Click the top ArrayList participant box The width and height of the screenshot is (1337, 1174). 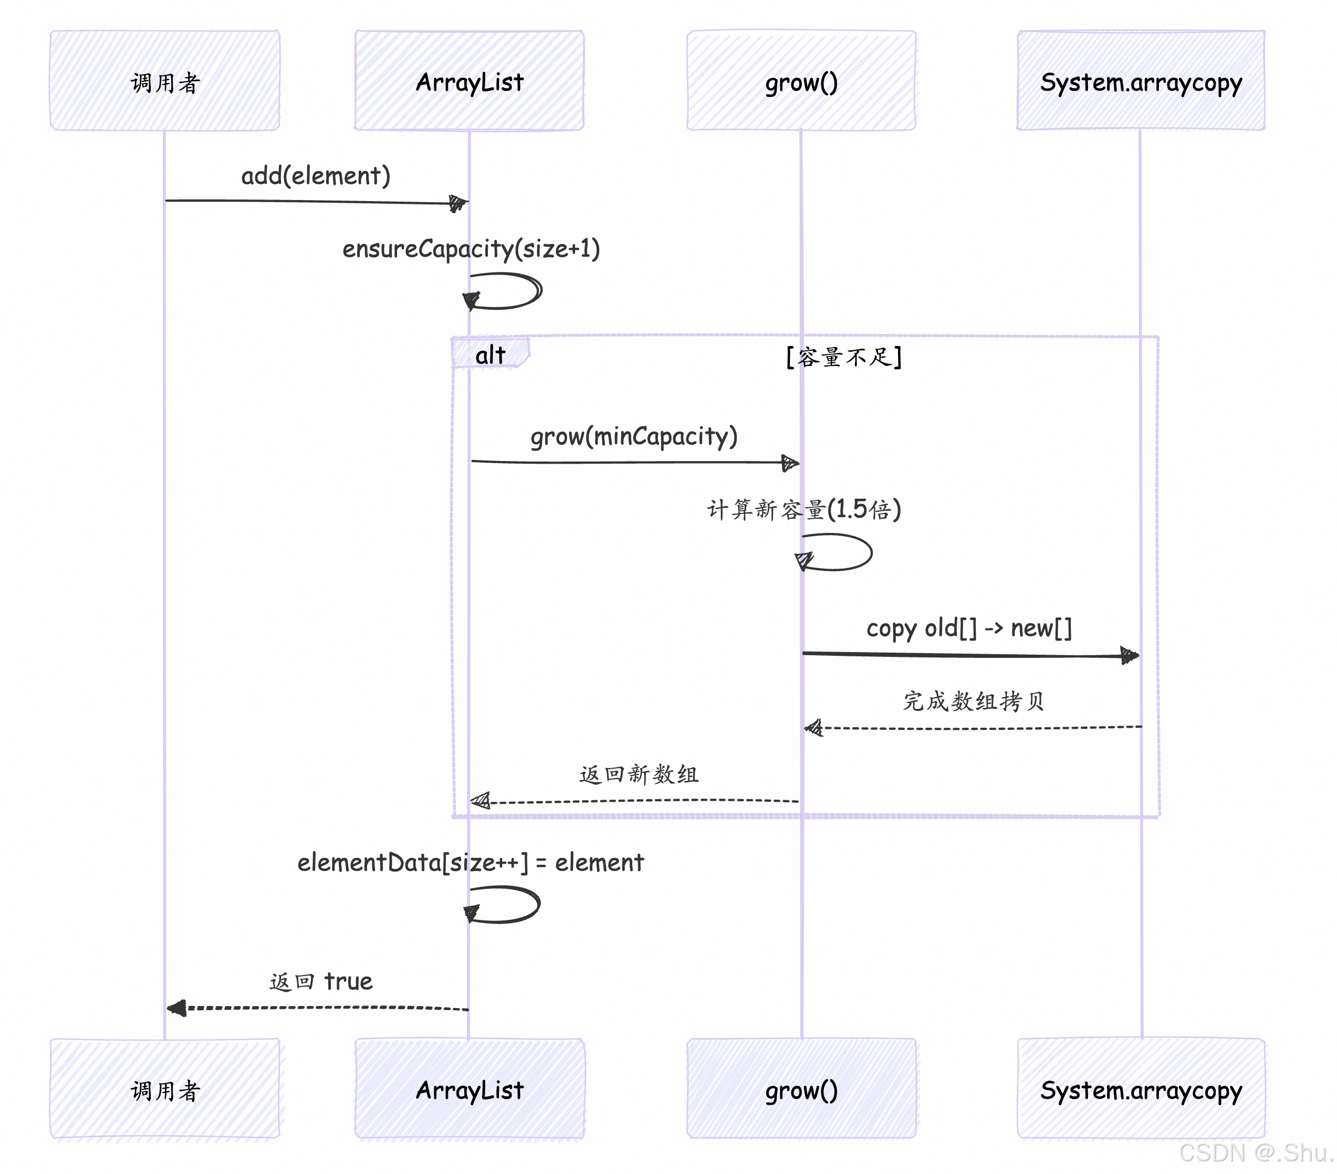469,80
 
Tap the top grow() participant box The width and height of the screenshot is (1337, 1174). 801,80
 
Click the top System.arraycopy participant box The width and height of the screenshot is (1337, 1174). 1140,80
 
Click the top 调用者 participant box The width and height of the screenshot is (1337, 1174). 165,80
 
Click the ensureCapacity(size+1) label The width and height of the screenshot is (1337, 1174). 471,248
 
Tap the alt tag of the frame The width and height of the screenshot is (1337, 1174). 490,354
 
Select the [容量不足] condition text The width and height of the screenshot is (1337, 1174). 843,357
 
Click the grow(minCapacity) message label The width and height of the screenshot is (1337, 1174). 633,436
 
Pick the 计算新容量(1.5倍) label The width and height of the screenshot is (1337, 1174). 803,509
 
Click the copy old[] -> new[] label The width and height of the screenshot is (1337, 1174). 969,628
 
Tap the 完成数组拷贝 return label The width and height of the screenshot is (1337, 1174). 973,701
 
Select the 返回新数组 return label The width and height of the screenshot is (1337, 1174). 639,774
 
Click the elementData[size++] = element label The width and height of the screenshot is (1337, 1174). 471,862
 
